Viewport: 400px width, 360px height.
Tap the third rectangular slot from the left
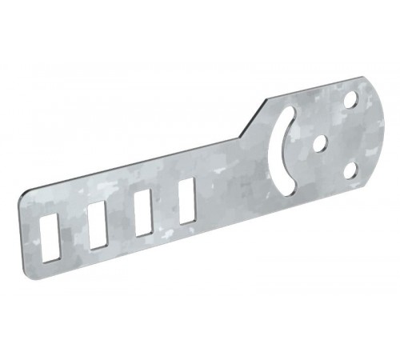[x=143, y=212]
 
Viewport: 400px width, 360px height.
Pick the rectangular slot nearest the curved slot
[x=187, y=199]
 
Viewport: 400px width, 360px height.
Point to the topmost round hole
[x=350, y=102]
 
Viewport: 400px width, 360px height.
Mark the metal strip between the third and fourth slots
[x=166, y=206]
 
